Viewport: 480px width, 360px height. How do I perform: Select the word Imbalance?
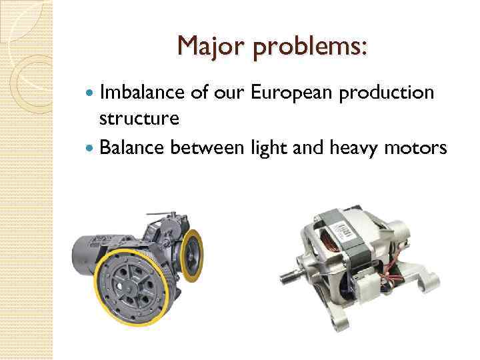pyautogui.click(x=138, y=93)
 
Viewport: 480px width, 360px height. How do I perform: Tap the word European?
pyautogui.click(x=293, y=93)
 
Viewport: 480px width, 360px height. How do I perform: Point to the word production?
pyautogui.click(x=387, y=93)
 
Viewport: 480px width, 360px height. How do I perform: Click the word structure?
pyautogui.click(x=138, y=118)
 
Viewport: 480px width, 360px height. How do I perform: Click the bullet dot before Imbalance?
pyautogui.click(x=91, y=93)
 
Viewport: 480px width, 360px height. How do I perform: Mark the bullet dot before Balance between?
pyautogui.click(x=91, y=147)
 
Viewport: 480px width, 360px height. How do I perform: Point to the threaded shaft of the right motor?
pyautogui.click(x=295, y=273)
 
